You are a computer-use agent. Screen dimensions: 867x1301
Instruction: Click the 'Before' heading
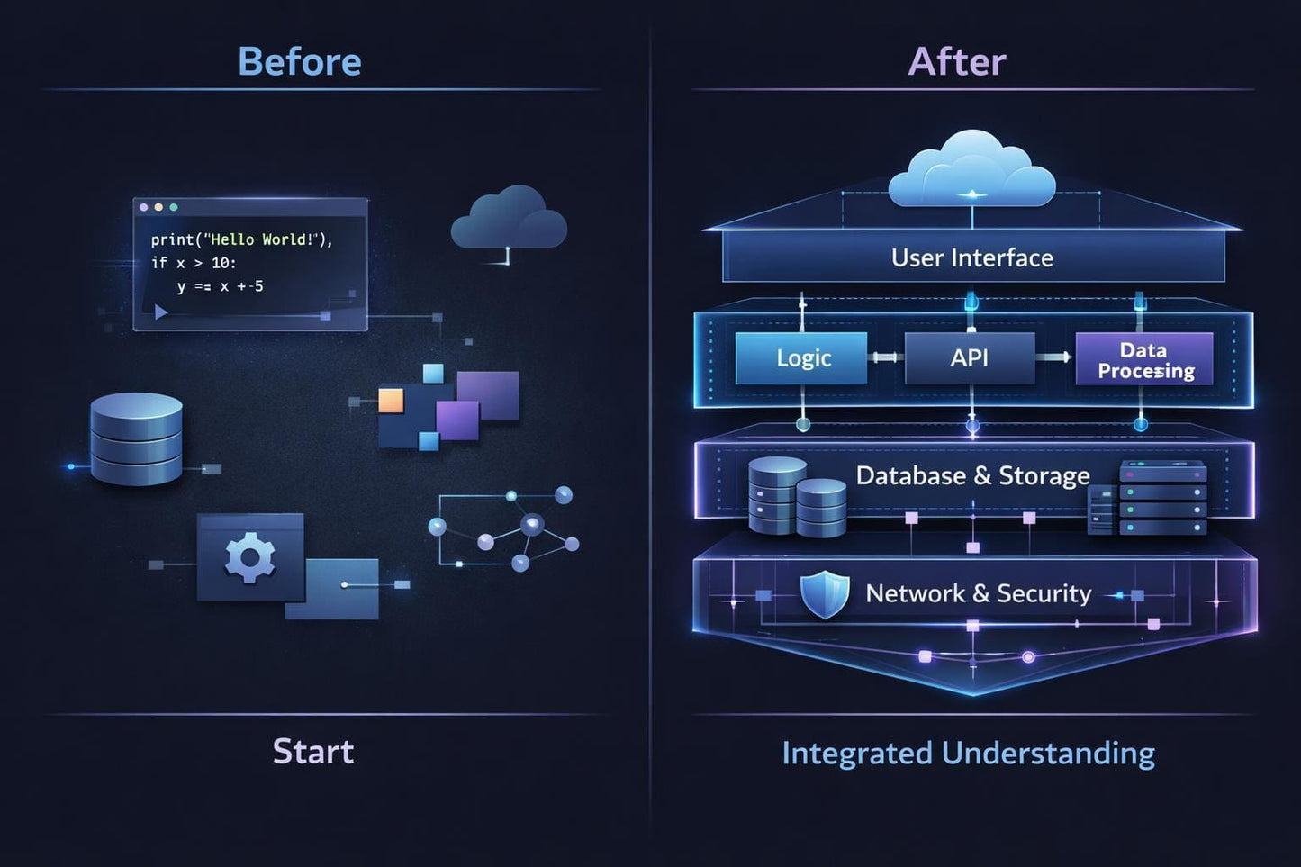(x=300, y=61)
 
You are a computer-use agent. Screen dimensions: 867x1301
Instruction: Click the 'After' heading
(x=957, y=61)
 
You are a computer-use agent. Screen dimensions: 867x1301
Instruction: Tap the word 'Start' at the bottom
(x=313, y=751)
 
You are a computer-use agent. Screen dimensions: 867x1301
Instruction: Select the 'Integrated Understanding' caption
(x=968, y=753)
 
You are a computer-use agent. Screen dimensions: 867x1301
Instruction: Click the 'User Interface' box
(x=972, y=257)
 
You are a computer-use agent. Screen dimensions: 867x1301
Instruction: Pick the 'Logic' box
(x=801, y=358)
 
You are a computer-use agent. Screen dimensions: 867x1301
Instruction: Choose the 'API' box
(x=970, y=358)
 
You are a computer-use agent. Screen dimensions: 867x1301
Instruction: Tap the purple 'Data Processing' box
(x=1144, y=359)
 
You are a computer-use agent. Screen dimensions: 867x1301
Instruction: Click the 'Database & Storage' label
(x=972, y=475)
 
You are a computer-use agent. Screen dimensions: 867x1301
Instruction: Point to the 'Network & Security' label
(x=978, y=593)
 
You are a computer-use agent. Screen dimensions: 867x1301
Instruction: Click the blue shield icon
(x=825, y=594)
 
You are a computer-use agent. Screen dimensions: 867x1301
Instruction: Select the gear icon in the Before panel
(x=249, y=557)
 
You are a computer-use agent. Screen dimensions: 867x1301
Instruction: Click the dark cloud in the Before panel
(x=509, y=219)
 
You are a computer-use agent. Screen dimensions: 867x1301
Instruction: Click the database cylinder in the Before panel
(x=136, y=438)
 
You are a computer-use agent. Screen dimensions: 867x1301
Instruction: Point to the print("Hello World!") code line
(x=241, y=239)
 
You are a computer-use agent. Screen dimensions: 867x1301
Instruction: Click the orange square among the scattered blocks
(x=391, y=400)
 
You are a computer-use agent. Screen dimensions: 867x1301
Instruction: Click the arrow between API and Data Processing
(x=1054, y=357)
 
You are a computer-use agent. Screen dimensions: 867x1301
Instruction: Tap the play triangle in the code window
(x=161, y=312)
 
